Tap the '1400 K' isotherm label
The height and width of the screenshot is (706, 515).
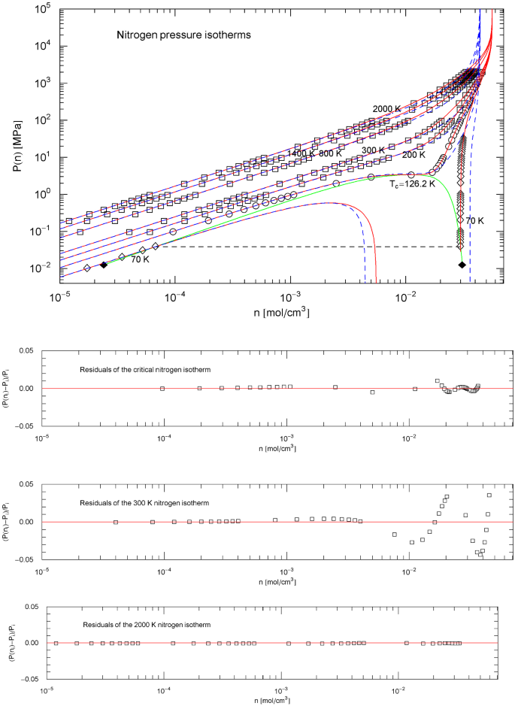coord(301,153)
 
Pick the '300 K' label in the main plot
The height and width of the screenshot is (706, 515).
coord(374,150)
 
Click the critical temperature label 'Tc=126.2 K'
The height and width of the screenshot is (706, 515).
coord(411,183)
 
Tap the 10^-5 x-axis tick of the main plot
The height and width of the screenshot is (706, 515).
coord(60,296)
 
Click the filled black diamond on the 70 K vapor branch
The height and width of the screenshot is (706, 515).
coord(104,265)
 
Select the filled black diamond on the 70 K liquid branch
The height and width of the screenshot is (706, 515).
coord(462,265)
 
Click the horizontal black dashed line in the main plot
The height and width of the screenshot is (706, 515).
coord(301,247)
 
